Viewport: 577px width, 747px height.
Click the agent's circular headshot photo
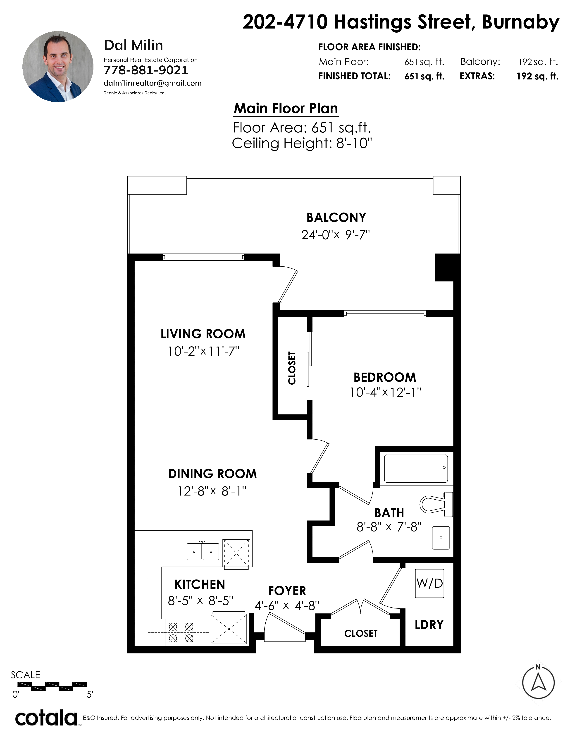click(x=58, y=67)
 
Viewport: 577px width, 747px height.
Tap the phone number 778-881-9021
click(x=146, y=70)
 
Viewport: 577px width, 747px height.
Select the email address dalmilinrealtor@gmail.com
click(x=153, y=83)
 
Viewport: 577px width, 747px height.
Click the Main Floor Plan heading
click(x=286, y=108)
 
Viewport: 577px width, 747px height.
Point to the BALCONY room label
click(x=336, y=218)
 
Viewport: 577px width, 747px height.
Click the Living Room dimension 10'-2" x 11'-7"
click(x=203, y=351)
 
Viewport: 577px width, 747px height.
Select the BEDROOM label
click(x=385, y=377)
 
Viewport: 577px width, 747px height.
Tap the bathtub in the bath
click(x=416, y=468)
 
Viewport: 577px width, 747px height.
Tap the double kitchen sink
click(x=203, y=551)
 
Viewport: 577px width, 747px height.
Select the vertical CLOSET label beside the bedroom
click(x=292, y=368)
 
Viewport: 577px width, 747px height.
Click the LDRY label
click(x=429, y=625)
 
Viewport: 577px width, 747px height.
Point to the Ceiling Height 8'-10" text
click(x=302, y=143)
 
